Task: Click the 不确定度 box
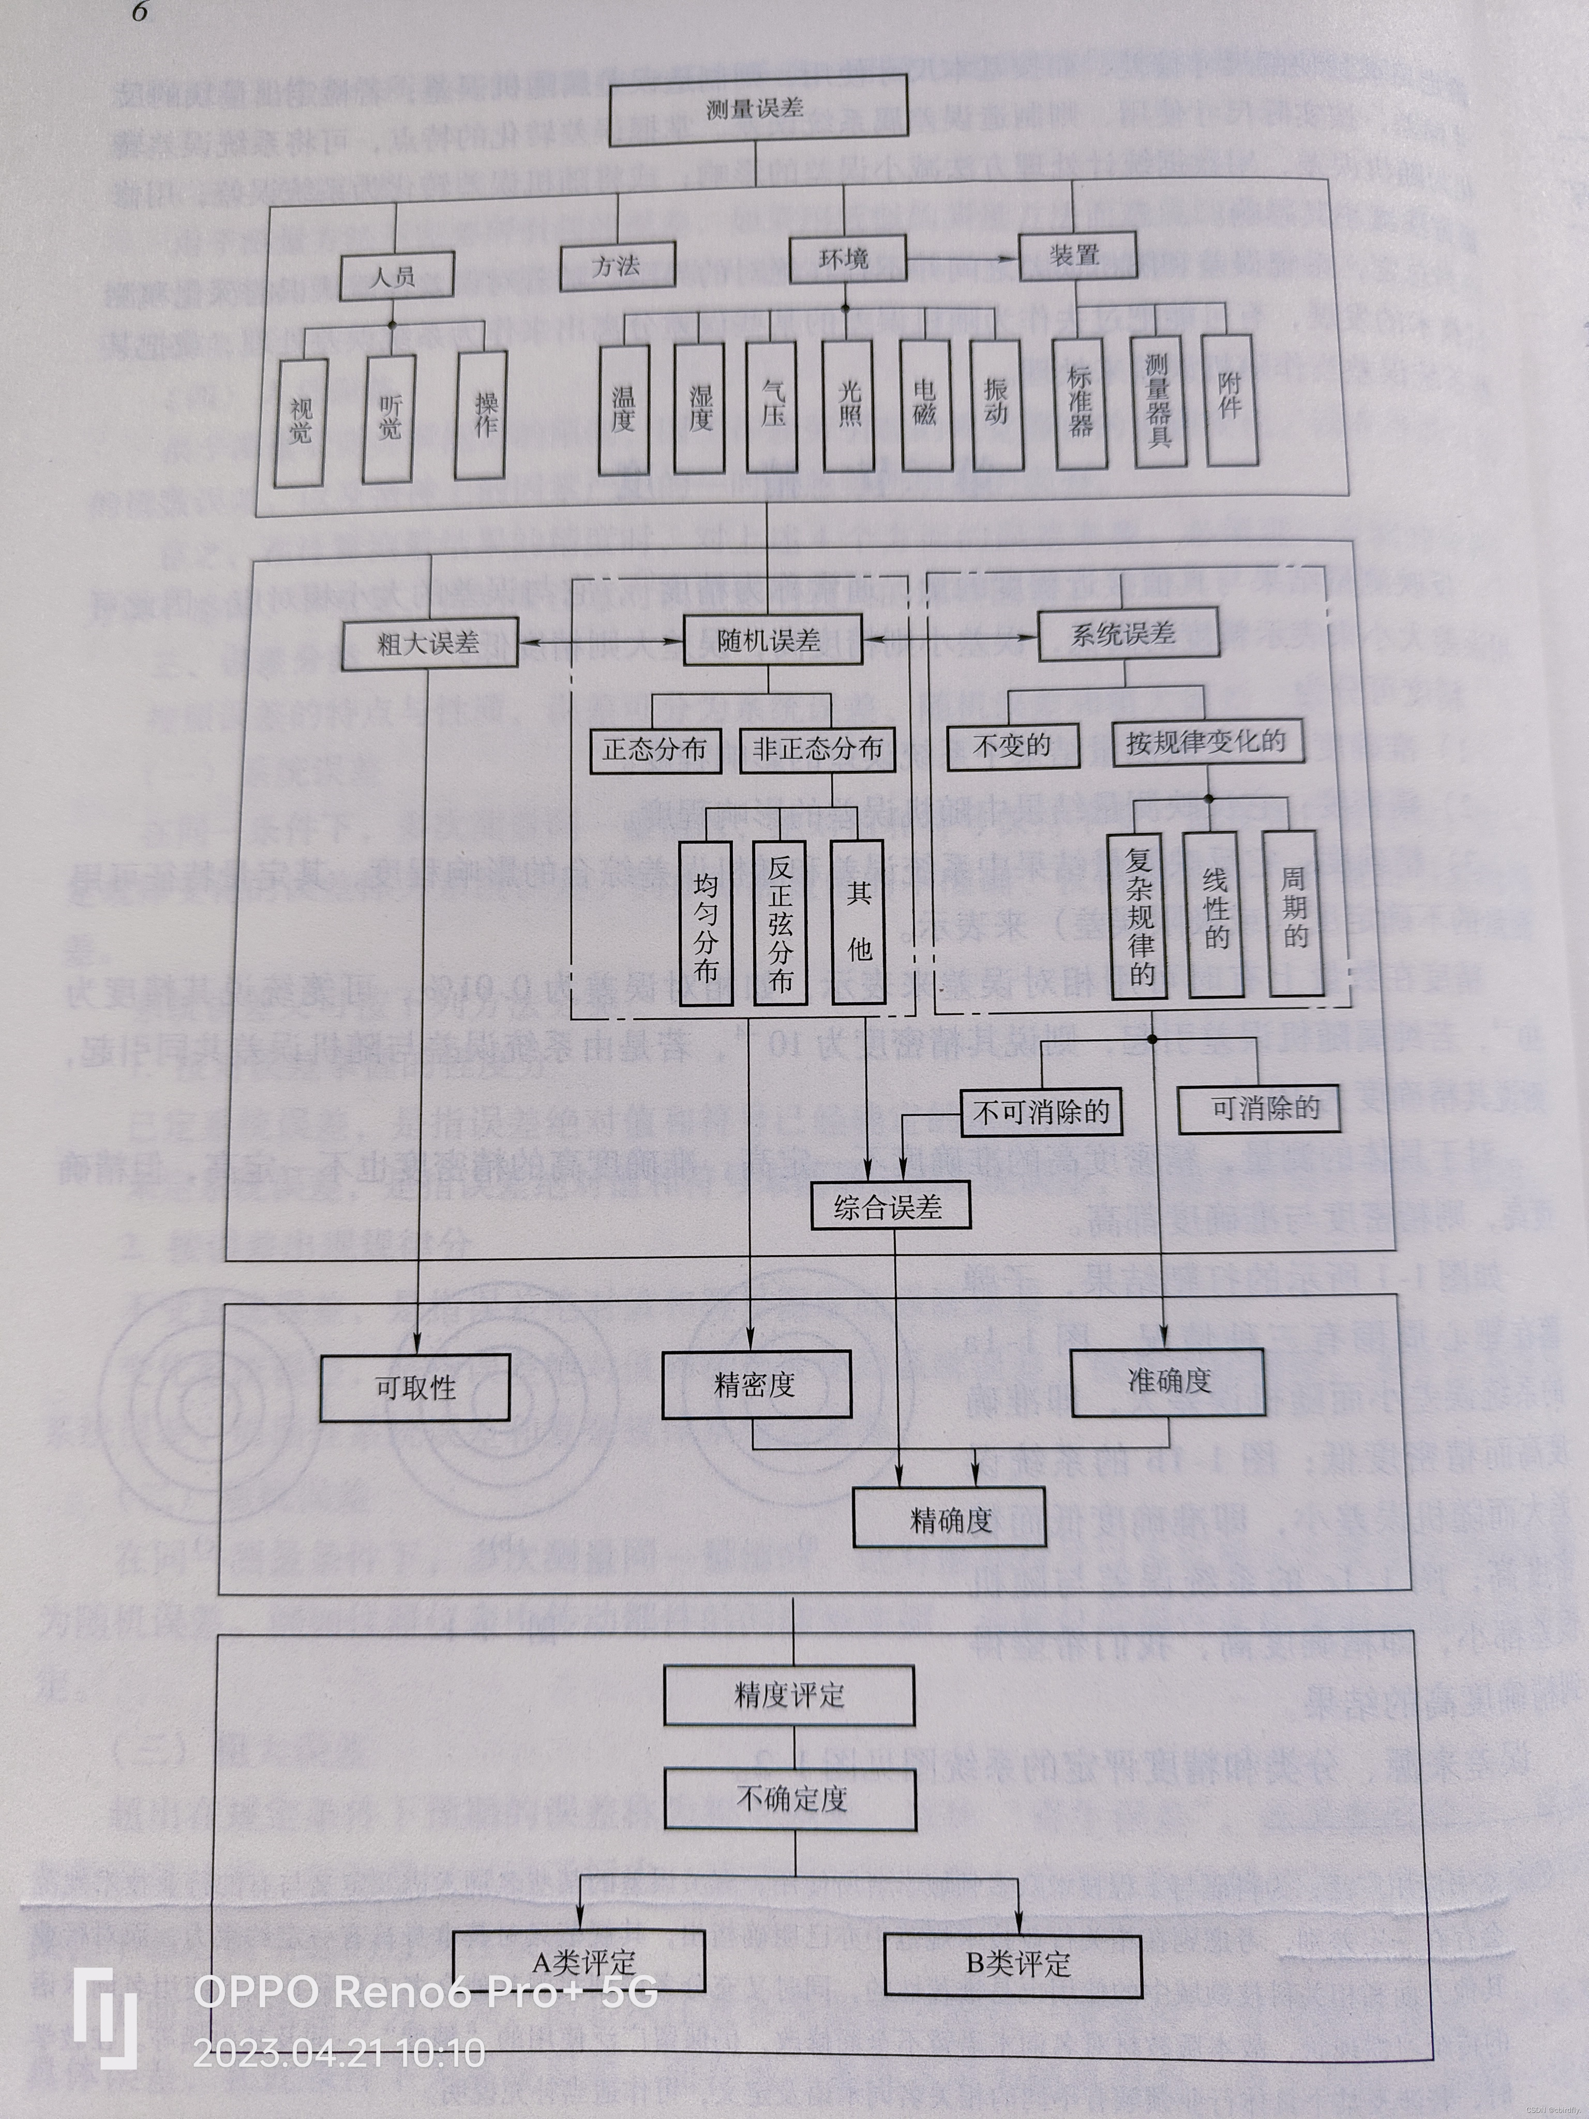[791, 1799]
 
